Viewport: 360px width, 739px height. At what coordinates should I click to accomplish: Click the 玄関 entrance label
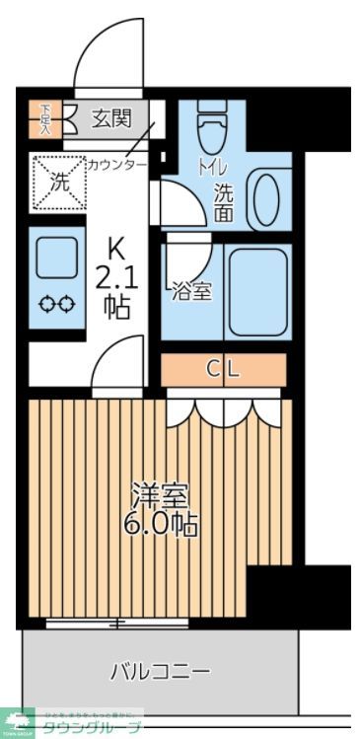coord(111,119)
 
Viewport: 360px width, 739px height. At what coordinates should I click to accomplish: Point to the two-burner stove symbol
coord(55,306)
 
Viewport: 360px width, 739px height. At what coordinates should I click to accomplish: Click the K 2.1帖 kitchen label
coord(115,277)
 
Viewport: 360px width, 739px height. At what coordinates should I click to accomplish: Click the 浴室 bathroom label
coord(191,291)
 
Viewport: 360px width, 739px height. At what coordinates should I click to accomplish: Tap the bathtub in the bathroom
coord(255,291)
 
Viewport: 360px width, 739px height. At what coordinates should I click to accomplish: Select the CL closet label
coord(223,370)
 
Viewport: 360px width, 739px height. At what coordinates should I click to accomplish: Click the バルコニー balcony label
coord(159,672)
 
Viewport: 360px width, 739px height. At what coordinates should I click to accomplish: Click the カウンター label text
coord(116,164)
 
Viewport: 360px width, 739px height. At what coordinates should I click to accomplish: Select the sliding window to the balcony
coord(118,624)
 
